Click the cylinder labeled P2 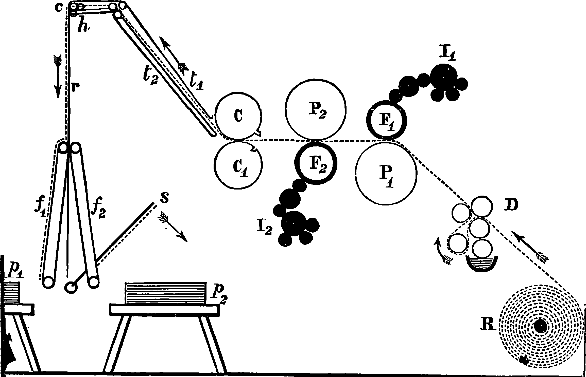pos(315,109)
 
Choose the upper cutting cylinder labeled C pos(238,116)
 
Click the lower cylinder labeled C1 pos(238,165)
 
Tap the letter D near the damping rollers pos(510,206)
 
